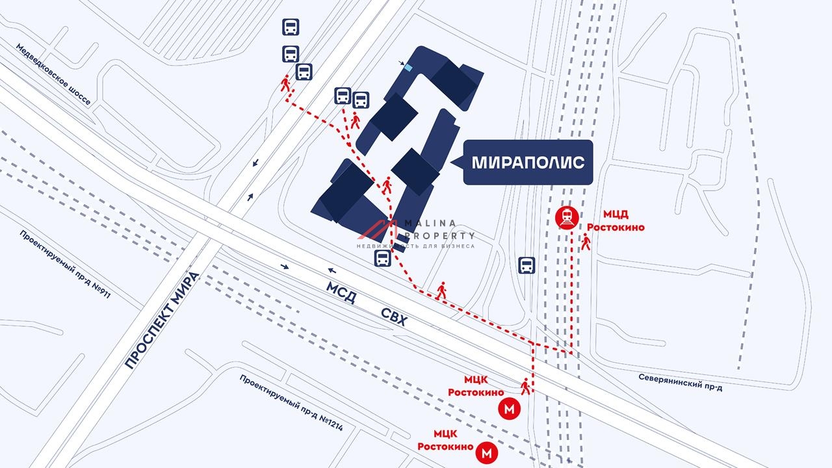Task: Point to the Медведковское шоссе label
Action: point(53,75)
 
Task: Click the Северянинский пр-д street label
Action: point(680,382)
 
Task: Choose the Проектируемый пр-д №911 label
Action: point(65,264)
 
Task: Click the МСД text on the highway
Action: point(341,292)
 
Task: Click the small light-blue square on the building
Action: point(408,67)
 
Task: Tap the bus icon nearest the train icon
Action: point(526,265)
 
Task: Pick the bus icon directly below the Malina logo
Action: point(382,259)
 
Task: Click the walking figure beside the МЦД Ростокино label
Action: point(586,243)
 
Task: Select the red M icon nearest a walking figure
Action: point(509,409)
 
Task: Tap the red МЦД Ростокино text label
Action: point(614,220)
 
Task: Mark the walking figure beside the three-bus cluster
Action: point(285,84)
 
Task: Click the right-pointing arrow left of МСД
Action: point(285,266)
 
